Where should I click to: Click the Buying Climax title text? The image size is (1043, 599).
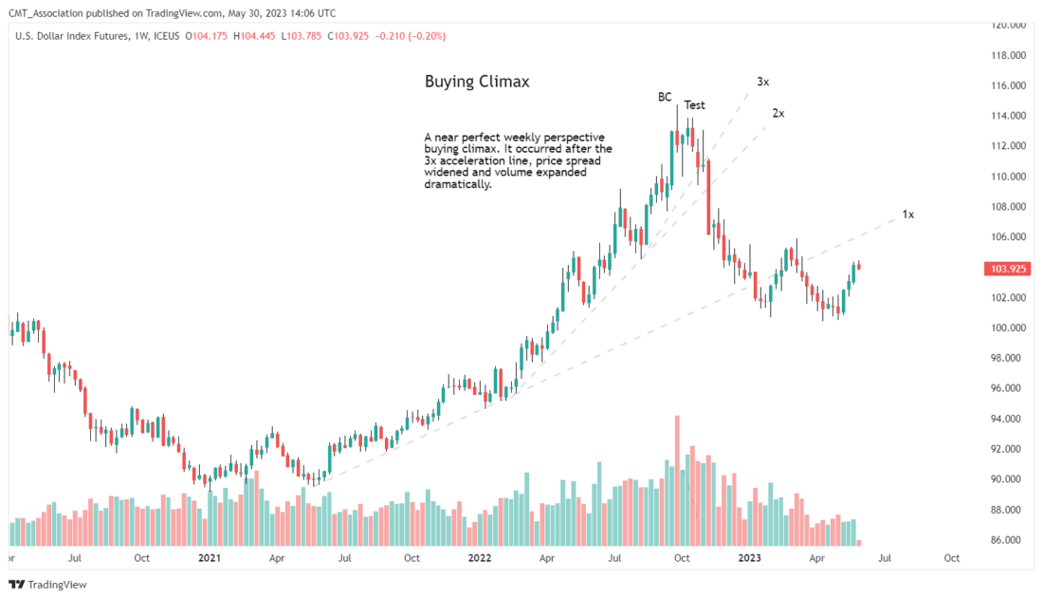tap(477, 83)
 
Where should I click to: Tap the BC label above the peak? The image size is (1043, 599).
tap(666, 97)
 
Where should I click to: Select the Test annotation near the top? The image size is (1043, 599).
tap(694, 105)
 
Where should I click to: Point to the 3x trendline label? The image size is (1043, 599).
tap(762, 83)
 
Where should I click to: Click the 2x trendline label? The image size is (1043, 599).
tap(778, 113)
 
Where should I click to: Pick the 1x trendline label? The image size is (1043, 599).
tap(907, 215)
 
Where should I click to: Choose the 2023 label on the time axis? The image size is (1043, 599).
tap(750, 559)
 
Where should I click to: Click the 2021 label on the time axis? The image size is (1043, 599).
tap(210, 559)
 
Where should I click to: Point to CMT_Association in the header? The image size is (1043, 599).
tap(48, 12)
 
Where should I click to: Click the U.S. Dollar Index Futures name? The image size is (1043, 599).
tap(74, 36)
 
